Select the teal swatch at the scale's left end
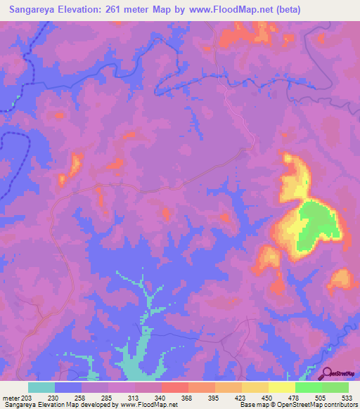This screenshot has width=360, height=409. [x=41, y=387]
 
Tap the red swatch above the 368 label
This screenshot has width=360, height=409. [x=174, y=387]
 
